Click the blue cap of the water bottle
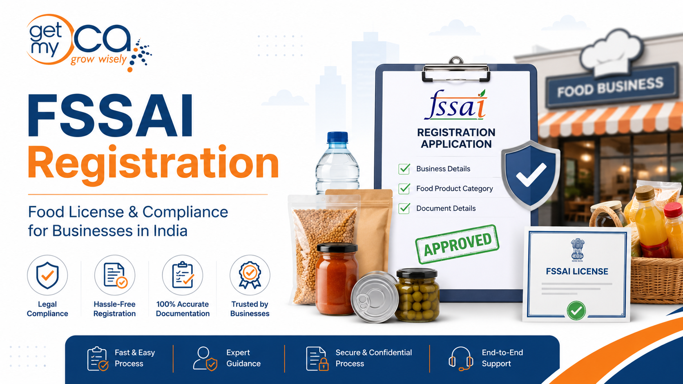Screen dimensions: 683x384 point(337,137)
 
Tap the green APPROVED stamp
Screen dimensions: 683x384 point(457,244)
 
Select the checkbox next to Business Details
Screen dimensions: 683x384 point(404,169)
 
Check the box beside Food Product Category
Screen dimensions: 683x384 point(404,189)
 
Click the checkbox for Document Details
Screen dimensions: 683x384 point(404,208)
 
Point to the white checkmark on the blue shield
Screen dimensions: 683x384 point(531,175)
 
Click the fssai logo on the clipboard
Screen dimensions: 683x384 point(455,104)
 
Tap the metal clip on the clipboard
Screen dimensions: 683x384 point(456,70)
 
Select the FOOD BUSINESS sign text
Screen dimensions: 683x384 point(610,87)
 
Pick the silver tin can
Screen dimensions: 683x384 point(375,297)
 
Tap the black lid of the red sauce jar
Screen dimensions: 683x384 point(337,248)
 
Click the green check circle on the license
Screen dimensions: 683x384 point(576,310)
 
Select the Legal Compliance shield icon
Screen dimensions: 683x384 point(47,275)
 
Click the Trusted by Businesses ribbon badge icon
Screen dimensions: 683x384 point(250,275)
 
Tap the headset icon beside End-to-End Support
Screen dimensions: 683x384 point(461,359)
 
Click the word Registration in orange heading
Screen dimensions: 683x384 point(153,163)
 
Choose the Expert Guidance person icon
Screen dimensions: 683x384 point(205,359)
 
